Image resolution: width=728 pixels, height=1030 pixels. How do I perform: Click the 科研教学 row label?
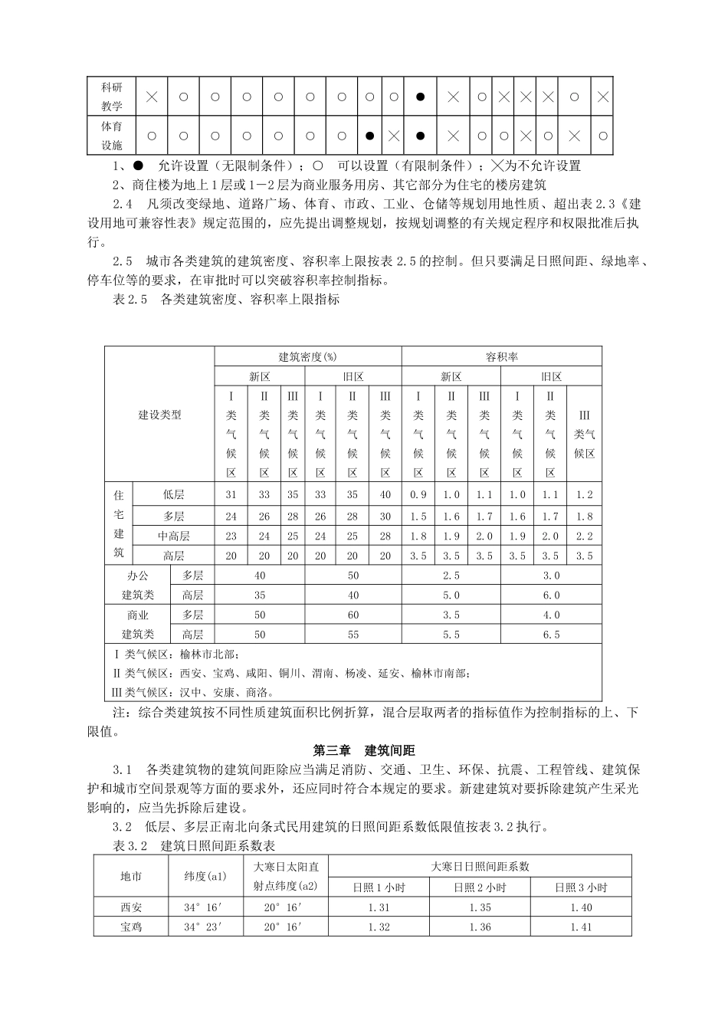click(x=112, y=97)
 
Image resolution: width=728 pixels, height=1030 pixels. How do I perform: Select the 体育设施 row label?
click(x=112, y=135)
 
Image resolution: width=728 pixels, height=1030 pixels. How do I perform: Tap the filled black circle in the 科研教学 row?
click(x=420, y=97)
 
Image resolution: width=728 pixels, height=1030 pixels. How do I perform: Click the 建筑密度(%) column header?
click(x=307, y=357)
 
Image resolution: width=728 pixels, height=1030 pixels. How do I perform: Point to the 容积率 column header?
click(x=501, y=357)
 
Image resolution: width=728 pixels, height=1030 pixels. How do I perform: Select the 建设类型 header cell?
click(x=159, y=415)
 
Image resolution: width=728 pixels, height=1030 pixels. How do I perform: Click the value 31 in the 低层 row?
click(x=231, y=495)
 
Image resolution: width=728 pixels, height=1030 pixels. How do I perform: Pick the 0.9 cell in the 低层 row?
click(x=418, y=495)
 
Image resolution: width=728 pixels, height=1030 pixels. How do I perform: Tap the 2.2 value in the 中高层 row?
click(x=584, y=536)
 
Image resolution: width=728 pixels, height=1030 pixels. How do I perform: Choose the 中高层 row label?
click(x=174, y=536)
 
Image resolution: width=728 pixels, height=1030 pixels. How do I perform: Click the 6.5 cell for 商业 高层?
click(x=551, y=635)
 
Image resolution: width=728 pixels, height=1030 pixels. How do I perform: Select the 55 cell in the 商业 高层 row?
click(x=353, y=635)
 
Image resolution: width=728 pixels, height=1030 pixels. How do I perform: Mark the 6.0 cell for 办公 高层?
click(x=551, y=595)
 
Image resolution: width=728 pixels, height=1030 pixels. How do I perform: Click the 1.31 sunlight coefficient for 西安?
click(x=379, y=907)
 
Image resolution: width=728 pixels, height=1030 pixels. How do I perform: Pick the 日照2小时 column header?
click(x=480, y=887)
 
